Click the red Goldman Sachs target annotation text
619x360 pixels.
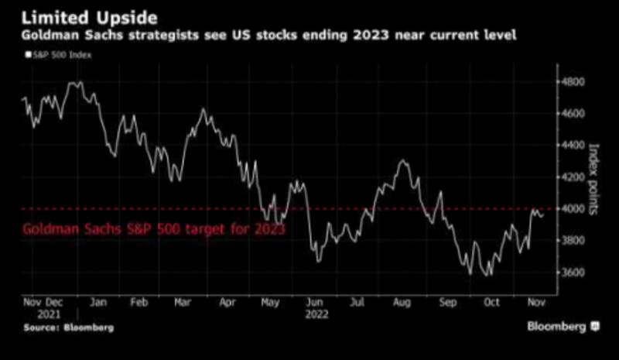click(x=154, y=230)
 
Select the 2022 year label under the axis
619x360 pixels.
click(x=316, y=315)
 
